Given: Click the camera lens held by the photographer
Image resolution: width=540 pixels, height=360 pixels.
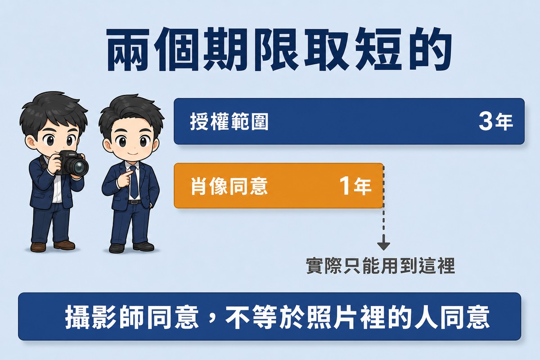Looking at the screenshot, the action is [79, 166].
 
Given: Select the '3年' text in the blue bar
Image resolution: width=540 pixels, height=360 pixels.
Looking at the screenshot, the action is [495, 122].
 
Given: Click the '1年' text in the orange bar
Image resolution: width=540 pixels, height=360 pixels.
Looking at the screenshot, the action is [355, 186].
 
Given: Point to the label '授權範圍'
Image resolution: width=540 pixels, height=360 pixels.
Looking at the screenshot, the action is [229, 122].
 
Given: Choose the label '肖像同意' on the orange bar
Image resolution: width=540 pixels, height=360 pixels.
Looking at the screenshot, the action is [229, 186].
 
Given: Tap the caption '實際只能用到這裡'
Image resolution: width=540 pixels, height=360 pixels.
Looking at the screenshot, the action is [380, 266].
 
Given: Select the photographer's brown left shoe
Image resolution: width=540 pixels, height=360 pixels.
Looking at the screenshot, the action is [38, 247].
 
